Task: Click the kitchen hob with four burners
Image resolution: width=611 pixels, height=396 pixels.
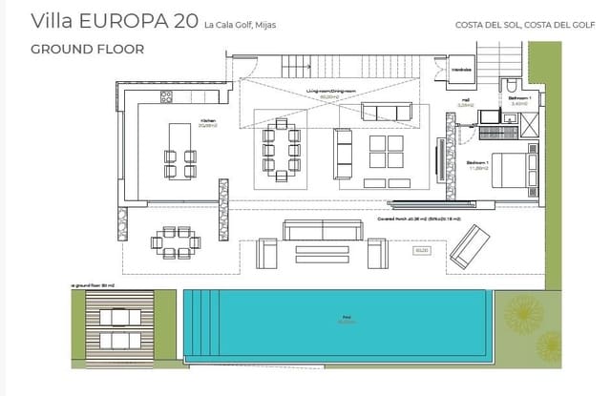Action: [x=165, y=95]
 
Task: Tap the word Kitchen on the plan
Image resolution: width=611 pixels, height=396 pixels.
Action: [x=206, y=121]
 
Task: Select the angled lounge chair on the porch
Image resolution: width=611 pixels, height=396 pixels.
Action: [x=471, y=245]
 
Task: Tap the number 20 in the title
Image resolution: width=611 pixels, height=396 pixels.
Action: [x=179, y=21]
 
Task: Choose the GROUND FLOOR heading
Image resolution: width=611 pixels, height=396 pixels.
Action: [x=87, y=49]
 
